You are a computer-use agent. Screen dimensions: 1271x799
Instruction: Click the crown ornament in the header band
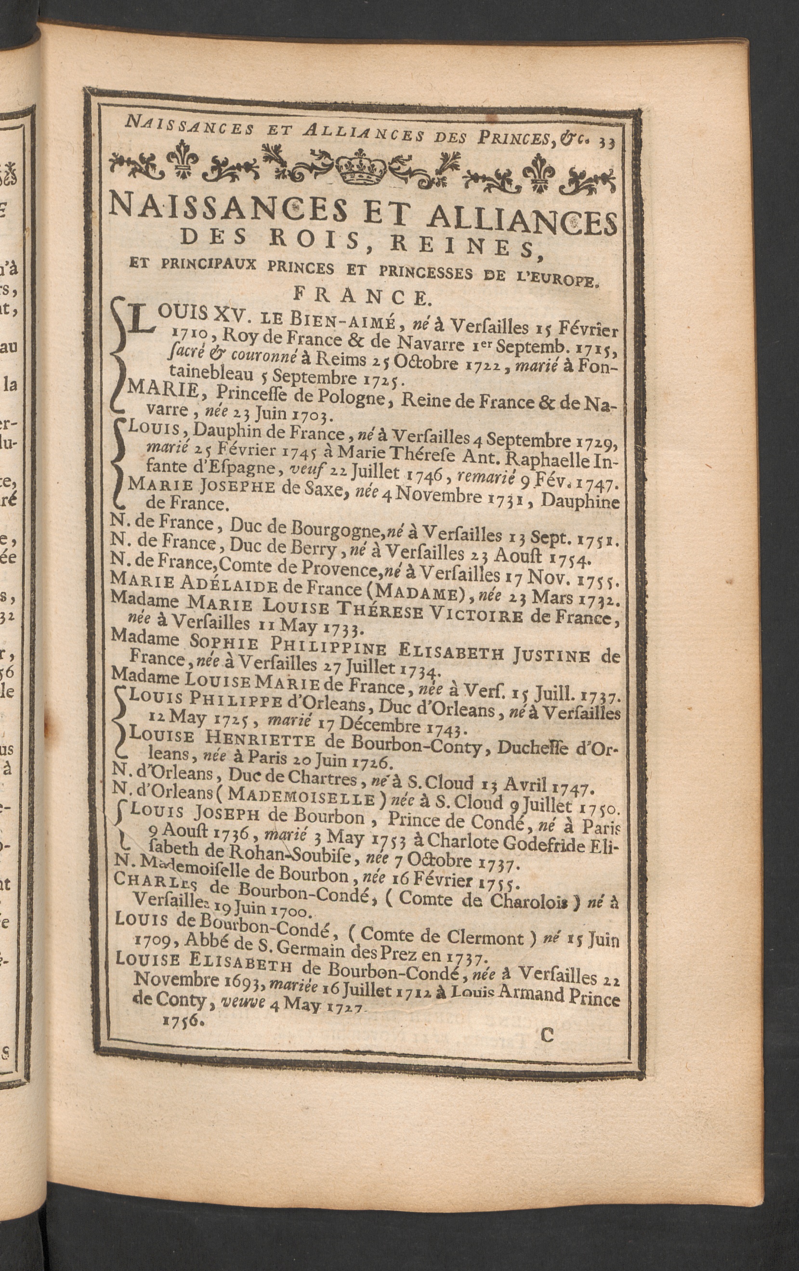click(x=362, y=169)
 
